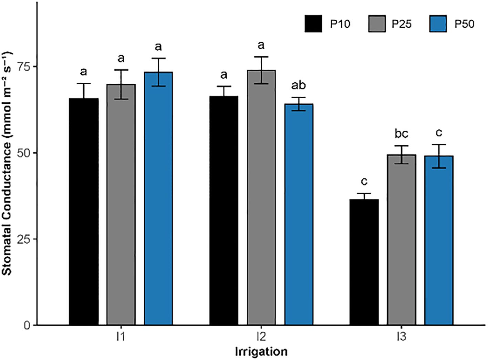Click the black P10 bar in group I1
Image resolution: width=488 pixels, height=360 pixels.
[x=84, y=212]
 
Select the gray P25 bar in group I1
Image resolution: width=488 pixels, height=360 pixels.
[x=121, y=205]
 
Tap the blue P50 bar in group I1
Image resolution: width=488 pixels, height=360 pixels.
[x=158, y=198]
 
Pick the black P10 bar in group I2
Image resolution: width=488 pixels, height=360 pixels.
[x=224, y=210]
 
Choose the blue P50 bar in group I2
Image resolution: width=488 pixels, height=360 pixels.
[x=299, y=214]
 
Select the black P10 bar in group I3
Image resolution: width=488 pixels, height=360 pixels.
[x=364, y=262]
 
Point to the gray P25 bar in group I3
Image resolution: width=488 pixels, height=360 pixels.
[x=402, y=240]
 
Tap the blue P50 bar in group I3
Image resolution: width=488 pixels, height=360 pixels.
[x=439, y=240]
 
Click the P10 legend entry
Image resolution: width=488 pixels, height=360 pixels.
[x=327, y=24]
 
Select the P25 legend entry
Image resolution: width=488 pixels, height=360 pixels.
[x=390, y=24]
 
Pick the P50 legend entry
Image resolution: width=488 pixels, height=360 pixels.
[x=452, y=24]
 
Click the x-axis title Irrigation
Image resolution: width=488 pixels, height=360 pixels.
[x=261, y=352]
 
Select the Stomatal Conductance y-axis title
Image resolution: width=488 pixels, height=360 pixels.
[x=8, y=162]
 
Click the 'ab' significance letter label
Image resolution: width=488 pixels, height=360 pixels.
[x=298, y=85]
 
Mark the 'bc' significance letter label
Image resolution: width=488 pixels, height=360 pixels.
[x=402, y=133]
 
